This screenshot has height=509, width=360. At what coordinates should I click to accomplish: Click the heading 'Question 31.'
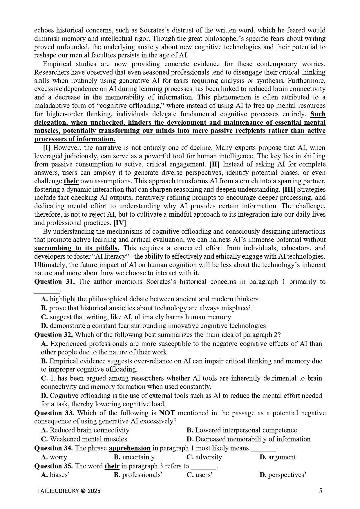click(x=54, y=282)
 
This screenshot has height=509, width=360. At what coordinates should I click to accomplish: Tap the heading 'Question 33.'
click(x=54, y=413)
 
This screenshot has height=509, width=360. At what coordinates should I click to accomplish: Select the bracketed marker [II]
click(x=214, y=164)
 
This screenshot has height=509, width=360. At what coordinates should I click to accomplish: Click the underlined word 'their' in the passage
click(x=71, y=181)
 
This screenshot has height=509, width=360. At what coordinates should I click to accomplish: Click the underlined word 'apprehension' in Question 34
click(x=129, y=448)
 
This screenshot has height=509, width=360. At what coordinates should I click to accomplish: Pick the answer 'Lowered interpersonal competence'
click(x=246, y=430)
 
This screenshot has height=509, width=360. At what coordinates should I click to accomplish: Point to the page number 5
click(x=320, y=491)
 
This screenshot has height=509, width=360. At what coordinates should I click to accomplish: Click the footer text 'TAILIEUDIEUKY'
click(x=58, y=491)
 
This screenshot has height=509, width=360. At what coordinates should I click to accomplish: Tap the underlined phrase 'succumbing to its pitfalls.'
click(x=77, y=248)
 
